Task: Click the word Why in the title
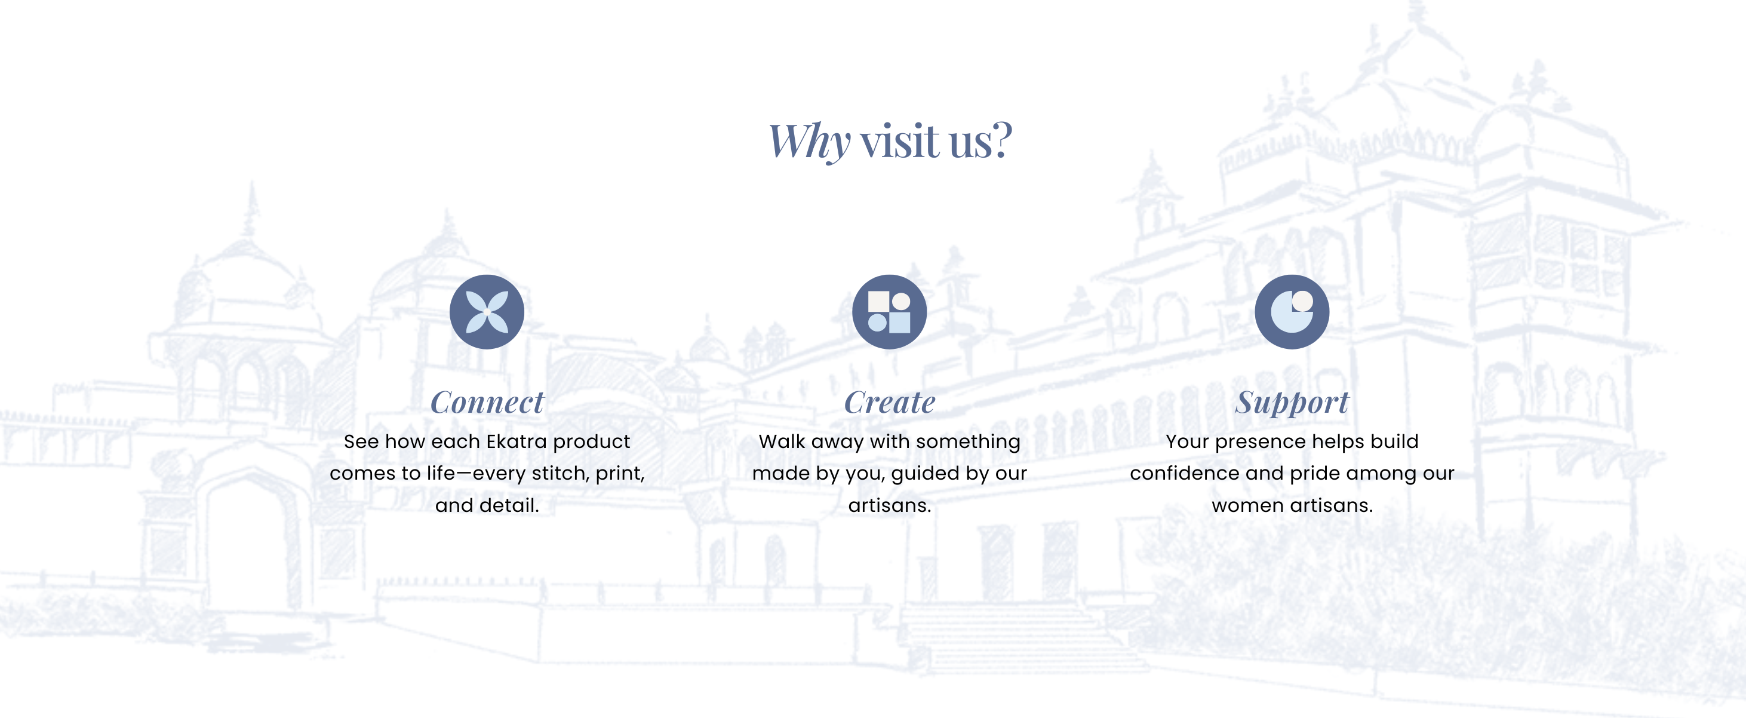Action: [x=809, y=141]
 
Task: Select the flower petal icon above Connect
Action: [x=487, y=312]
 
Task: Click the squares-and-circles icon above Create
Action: [x=889, y=312]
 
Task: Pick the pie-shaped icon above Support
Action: [x=1292, y=312]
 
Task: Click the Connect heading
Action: [x=487, y=402]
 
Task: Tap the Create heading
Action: [x=889, y=402]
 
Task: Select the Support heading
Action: [x=1292, y=403]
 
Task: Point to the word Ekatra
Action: [x=517, y=441]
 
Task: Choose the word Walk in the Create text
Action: [x=782, y=441]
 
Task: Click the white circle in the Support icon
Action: [x=1302, y=301]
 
